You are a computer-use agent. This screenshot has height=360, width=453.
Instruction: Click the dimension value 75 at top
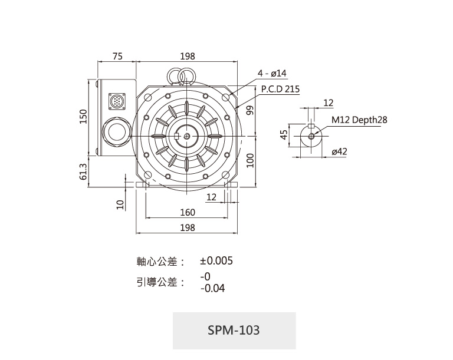pyautogui.click(x=117, y=56)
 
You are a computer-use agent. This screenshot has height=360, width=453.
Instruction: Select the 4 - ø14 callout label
pyautogui.click(x=272, y=73)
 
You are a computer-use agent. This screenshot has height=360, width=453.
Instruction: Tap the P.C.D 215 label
pyautogui.click(x=280, y=90)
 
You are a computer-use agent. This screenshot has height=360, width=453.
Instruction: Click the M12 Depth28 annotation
pyautogui.click(x=359, y=120)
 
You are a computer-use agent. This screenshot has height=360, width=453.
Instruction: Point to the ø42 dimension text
pyautogui.click(x=340, y=151)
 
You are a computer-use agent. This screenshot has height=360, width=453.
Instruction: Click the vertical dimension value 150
pyautogui.click(x=83, y=117)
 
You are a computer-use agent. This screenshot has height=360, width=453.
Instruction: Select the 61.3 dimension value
pyautogui.click(x=83, y=171)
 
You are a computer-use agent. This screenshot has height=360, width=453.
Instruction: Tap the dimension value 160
pyautogui.click(x=187, y=213)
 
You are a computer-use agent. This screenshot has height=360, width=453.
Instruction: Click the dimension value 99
pyautogui.click(x=250, y=110)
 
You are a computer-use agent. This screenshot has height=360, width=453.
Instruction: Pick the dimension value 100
pyautogui.click(x=250, y=160)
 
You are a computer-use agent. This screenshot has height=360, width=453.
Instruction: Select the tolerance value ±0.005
pyautogui.click(x=216, y=260)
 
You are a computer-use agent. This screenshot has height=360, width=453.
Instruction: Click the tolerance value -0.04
pyautogui.click(x=212, y=289)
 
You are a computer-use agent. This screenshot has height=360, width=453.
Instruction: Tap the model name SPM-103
pyautogui.click(x=234, y=329)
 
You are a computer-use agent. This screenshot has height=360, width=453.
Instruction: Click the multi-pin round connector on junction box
pyautogui.click(x=116, y=101)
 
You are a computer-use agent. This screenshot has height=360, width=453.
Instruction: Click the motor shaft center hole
pyautogui.click(x=186, y=136)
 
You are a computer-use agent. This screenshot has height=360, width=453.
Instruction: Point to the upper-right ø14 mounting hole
pyautogui.click(x=227, y=97)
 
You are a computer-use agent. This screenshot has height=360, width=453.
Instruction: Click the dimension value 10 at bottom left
pyautogui.click(x=120, y=204)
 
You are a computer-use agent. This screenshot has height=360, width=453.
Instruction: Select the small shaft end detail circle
pyautogui.click(x=311, y=136)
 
